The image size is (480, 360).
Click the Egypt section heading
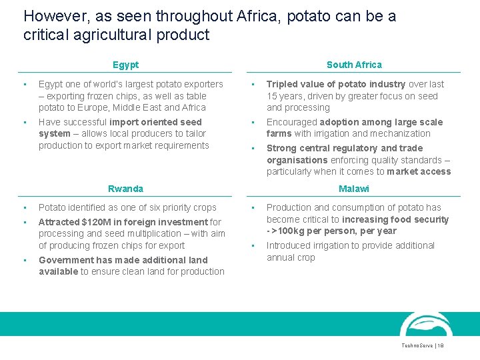tap(125, 65)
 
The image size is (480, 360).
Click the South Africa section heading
tap(354, 65)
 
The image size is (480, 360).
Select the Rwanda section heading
tap(125, 189)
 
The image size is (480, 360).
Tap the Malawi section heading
tap(353, 189)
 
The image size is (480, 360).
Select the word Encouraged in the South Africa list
tap(291, 122)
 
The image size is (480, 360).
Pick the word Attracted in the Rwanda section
tap(60, 222)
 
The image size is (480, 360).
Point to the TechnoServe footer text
tap(418, 346)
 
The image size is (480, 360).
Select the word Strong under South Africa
tap(281, 148)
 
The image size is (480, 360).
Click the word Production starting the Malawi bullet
tap(291, 207)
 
